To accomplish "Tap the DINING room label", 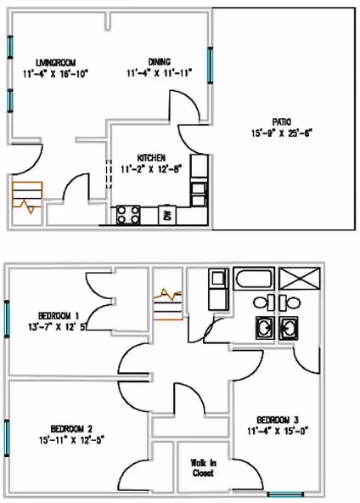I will pyautogui.click(x=159, y=62).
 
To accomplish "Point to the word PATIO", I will pyautogui.click(x=283, y=122).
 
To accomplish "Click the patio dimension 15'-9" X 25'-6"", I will pyautogui.click(x=283, y=133).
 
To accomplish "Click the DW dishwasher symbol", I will pyautogui.click(x=167, y=216).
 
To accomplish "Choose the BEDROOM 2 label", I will pyautogui.click(x=71, y=427).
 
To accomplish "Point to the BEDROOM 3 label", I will pyautogui.click(x=278, y=420).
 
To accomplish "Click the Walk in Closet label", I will pyautogui.click(x=202, y=467).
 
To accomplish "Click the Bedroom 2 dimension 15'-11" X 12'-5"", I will pyautogui.click(x=71, y=439).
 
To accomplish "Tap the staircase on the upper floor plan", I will pyautogui.click(x=167, y=301).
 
